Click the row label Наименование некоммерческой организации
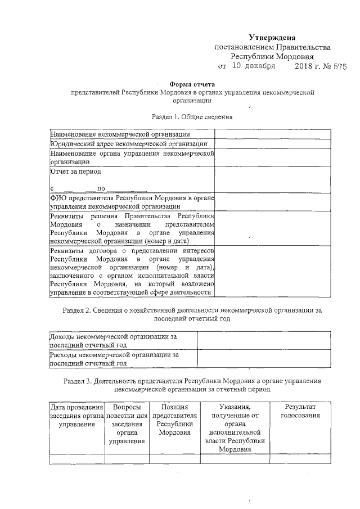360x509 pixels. [x=120, y=134]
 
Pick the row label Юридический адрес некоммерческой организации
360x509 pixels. [x=124, y=144]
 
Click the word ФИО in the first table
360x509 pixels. [x=59, y=198]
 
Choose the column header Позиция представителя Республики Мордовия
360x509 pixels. [x=174, y=420]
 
